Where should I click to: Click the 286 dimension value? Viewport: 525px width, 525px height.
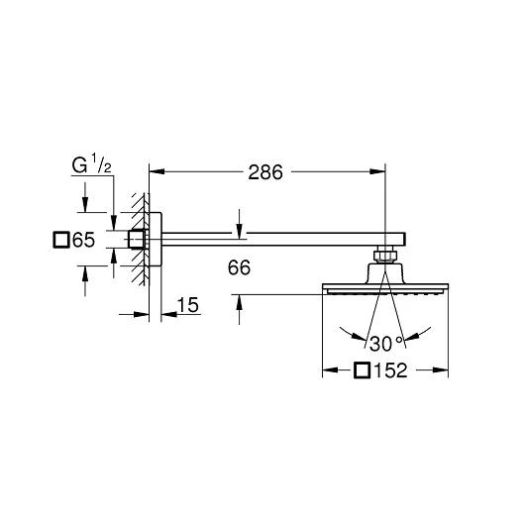pos(265,172)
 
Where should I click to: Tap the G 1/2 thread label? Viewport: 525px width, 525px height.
pos(91,164)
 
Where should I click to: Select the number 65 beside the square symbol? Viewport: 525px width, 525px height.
pos(84,240)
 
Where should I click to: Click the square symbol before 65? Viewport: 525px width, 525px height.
pos(61,240)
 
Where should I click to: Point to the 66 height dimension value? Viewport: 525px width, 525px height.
pos(239,267)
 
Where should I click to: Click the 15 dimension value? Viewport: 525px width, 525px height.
pos(187,305)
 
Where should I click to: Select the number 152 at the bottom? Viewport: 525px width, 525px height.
pos(390,370)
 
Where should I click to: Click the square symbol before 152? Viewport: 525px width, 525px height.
pos(363,370)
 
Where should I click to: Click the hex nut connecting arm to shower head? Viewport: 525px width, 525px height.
pos(385,255)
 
